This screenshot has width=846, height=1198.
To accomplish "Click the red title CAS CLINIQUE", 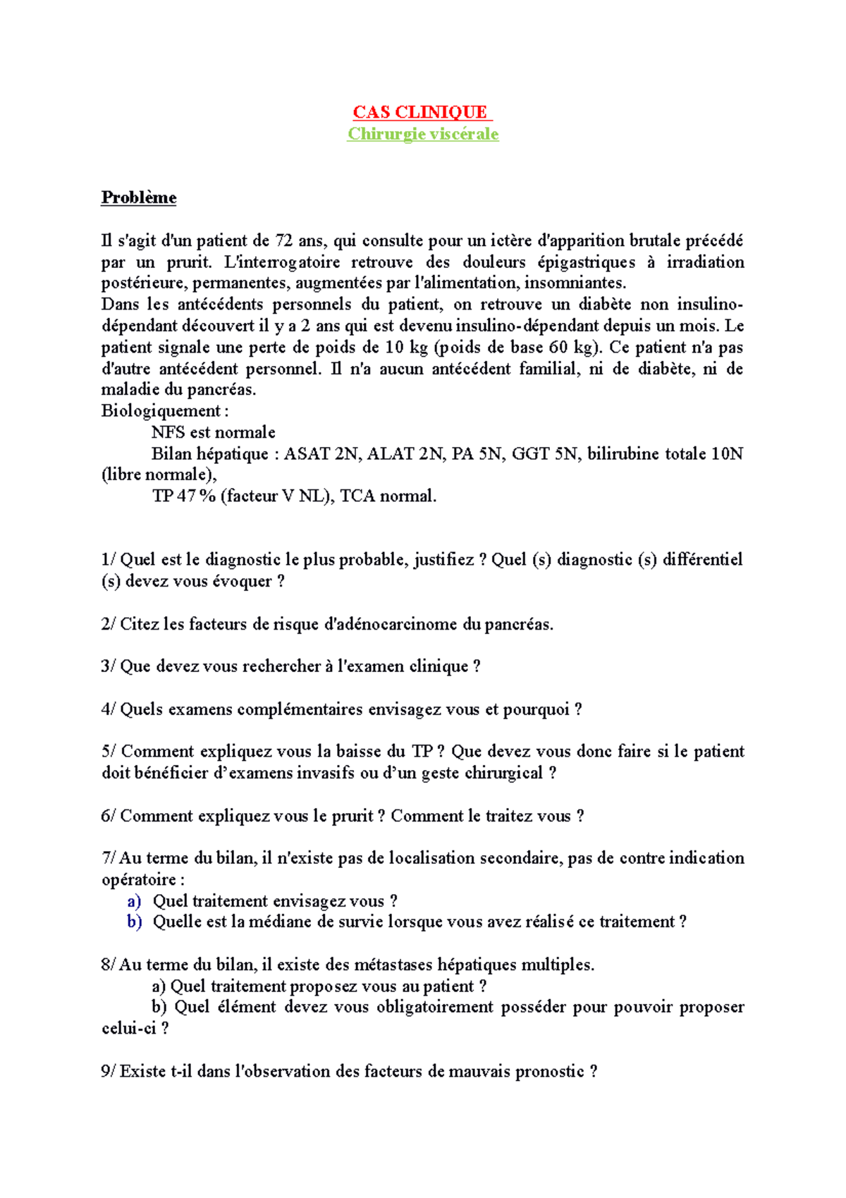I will [x=420, y=112].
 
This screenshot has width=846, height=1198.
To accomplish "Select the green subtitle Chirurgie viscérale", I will [x=422, y=134].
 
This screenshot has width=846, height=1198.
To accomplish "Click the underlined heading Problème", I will [x=138, y=197].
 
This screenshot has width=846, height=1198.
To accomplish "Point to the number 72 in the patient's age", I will [x=284, y=241].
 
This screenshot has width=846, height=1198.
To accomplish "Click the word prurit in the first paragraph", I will [x=188, y=262].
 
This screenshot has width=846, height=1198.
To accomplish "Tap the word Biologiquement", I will [x=161, y=411].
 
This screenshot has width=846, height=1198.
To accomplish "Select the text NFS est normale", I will [x=213, y=432].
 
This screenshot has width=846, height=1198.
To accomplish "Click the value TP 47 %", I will [x=183, y=496].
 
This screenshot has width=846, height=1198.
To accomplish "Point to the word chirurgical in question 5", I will [x=501, y=773].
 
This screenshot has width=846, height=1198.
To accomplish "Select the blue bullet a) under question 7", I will [x=134, y=901].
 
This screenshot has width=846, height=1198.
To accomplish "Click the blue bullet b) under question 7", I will [x=134, y=922].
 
